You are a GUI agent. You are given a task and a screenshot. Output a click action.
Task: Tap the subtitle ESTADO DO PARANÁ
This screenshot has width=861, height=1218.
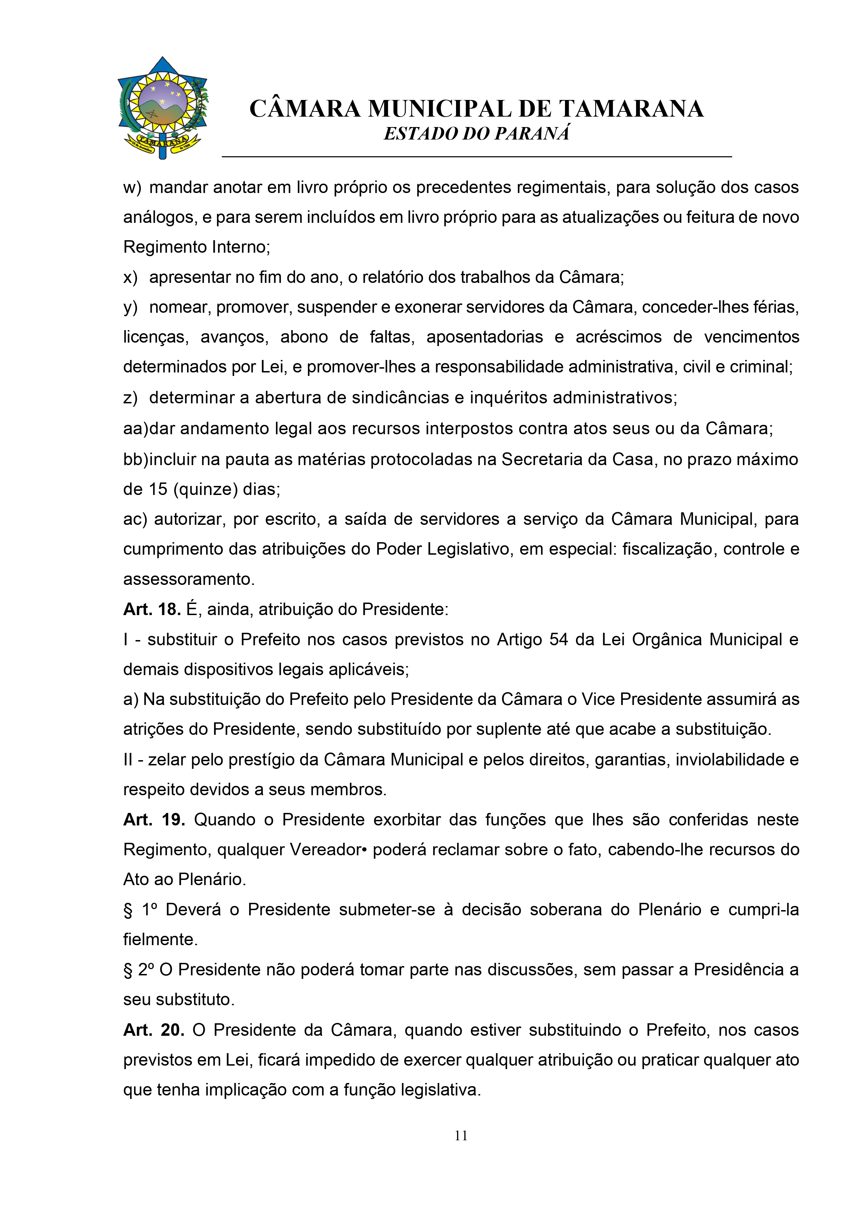[x=476, y=134]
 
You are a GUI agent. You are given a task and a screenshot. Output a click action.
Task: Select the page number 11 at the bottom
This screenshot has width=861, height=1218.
[x=461, y=1135]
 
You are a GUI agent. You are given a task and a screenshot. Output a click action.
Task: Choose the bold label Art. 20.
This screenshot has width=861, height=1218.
[x=154, y=1030]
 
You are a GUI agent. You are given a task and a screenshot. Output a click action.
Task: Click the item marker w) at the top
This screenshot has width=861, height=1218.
[x=132, y=188]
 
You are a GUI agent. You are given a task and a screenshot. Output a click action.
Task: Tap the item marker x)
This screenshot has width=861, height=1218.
[x=130, y=277]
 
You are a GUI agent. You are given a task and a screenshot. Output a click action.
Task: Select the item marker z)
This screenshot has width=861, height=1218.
[x=130, y=398]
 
